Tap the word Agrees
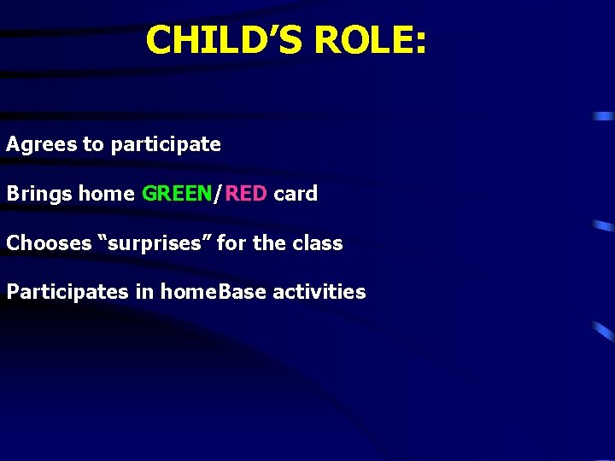click(41, 145)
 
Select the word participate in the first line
click(166, 145)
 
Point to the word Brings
click(38, 194)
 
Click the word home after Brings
click(106, 194)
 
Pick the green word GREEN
click(177, 194)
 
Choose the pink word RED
click(246, 194)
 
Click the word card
click(296, 194)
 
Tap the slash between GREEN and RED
click(219, 194)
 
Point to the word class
click(318, 243)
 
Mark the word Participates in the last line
click(67, 292)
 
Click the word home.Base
click(202, 292)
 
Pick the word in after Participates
click(144, 292)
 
